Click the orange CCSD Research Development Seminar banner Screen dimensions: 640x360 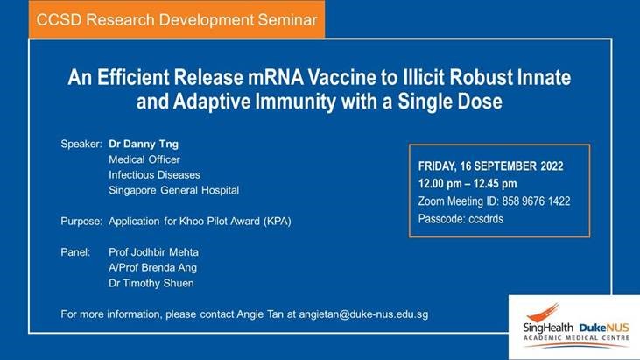point(177,19)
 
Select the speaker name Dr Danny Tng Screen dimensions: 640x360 point(144,144)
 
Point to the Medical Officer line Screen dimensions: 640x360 point(144,159)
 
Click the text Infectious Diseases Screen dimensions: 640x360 point(154,175)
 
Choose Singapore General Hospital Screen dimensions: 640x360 point(173,190)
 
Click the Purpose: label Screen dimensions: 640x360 point(81,222)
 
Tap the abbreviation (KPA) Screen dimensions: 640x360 point(278,222)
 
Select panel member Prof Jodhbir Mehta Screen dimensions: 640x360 point(153,252)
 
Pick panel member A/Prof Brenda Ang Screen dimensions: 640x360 point(152,268)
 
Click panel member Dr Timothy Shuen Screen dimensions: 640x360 point(151,283)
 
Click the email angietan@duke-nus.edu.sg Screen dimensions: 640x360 point(363,314)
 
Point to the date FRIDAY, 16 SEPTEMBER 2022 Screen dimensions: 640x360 point(490,166)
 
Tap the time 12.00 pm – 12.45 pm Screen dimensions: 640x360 point(468,184)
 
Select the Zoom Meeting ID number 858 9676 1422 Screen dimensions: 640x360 point(536,201)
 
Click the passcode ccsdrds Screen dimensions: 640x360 point(486,219)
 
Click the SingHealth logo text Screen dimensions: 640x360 point(548,328)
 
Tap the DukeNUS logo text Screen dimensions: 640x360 point(604,328)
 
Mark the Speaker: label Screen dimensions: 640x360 point(81,144)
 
